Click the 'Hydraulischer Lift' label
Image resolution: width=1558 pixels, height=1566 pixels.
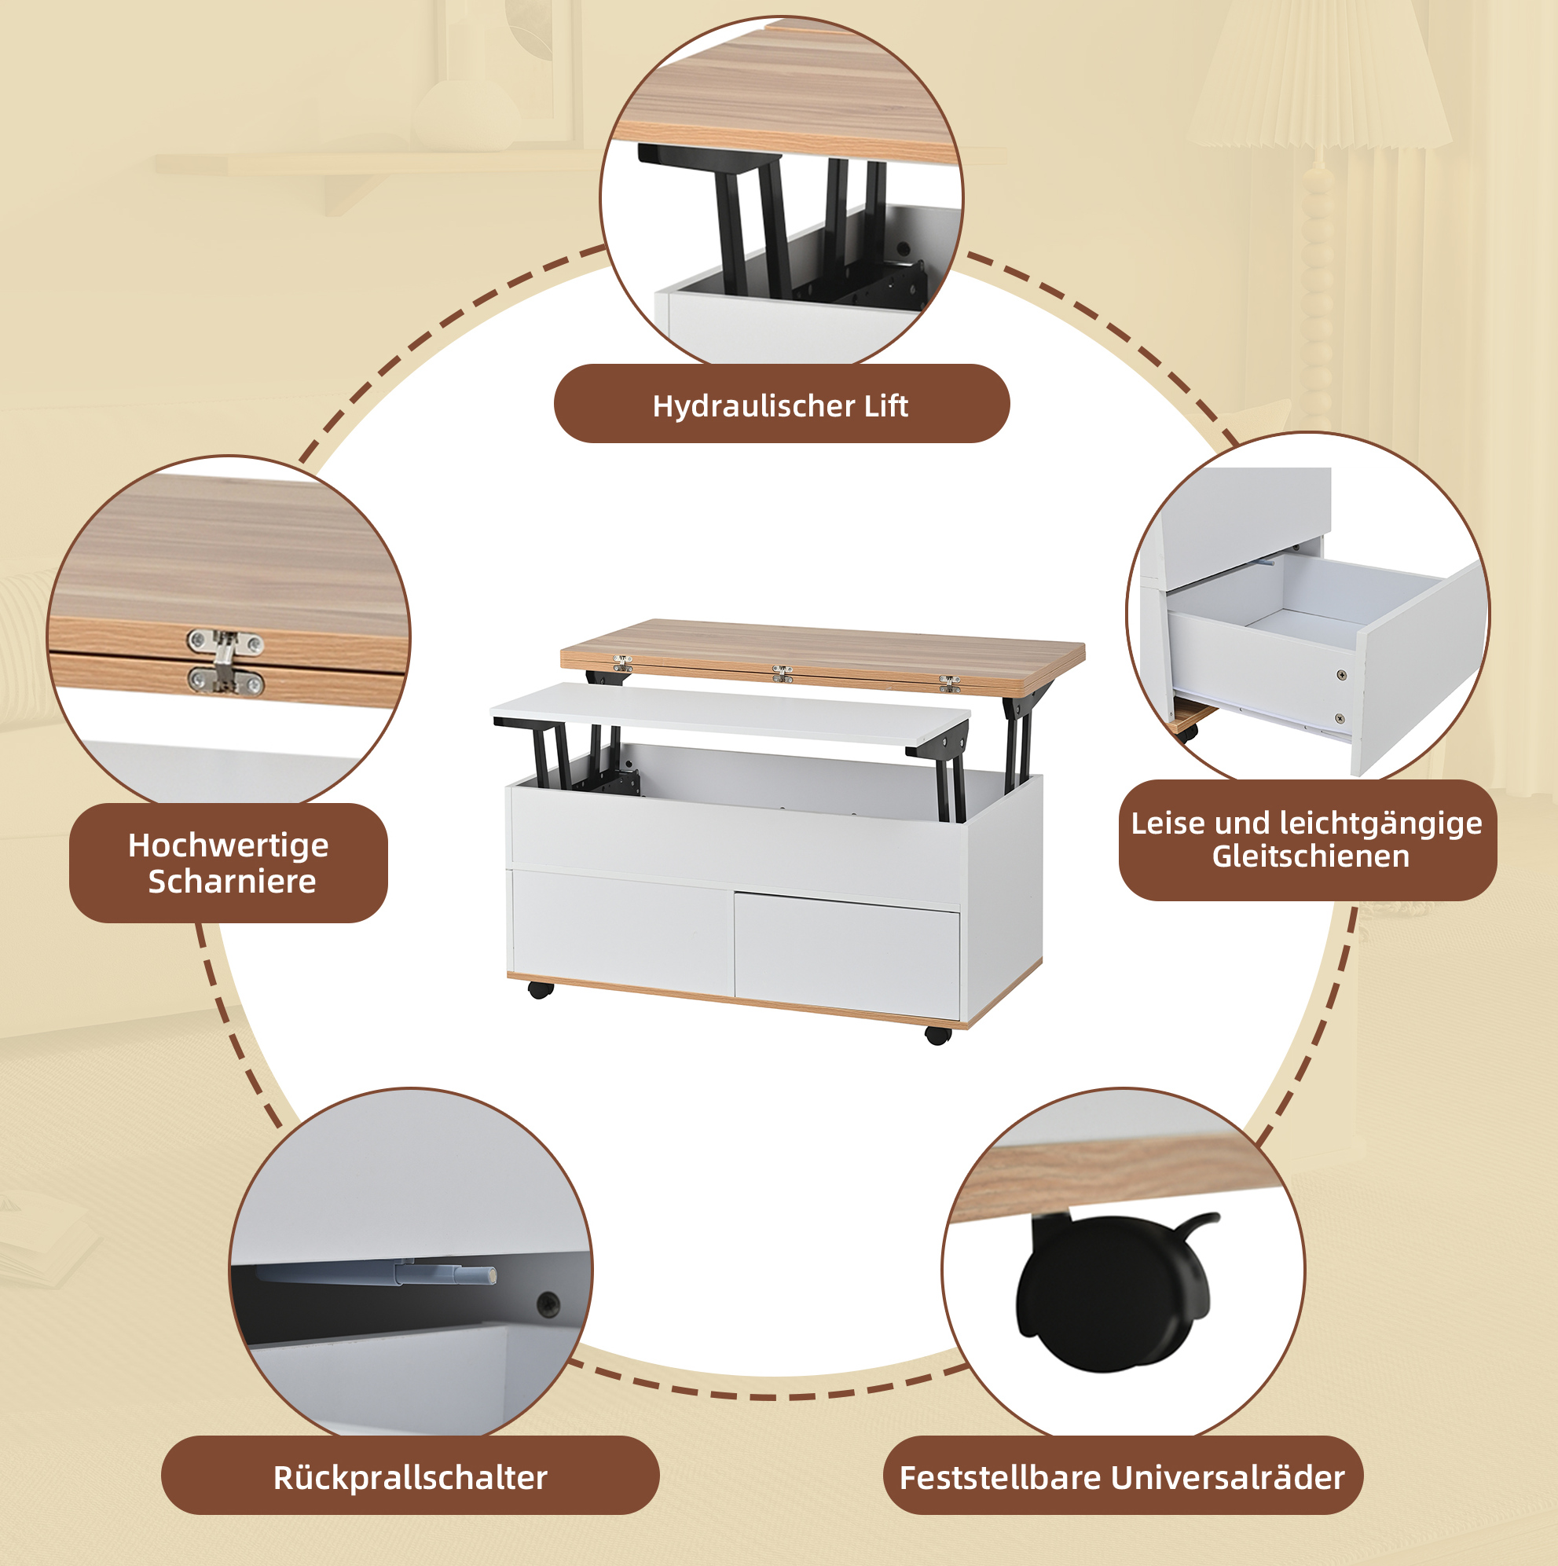[x=780, y=405]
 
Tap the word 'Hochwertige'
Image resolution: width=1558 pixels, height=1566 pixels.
[x=229, y=846]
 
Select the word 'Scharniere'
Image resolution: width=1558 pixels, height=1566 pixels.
[x=232, y=881]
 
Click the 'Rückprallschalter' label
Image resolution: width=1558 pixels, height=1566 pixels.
[x=410, y=1478]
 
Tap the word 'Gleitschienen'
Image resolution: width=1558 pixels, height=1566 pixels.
[x=1311, y=856]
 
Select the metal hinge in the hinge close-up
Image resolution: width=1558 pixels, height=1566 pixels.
[x=225, y=662]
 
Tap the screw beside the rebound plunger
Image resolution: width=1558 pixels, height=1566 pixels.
[x=548, y=1304]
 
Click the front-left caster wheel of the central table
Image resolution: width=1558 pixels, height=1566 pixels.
[x=540, y=990]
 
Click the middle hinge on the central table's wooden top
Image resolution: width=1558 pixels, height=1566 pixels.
[x=783, y=673]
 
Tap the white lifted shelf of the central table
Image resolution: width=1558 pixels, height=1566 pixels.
[x=730, y=713]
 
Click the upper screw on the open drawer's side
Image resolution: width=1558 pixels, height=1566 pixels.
[x=1342, y=674]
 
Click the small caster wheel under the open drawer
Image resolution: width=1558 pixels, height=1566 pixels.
[x=1189, y=732]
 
